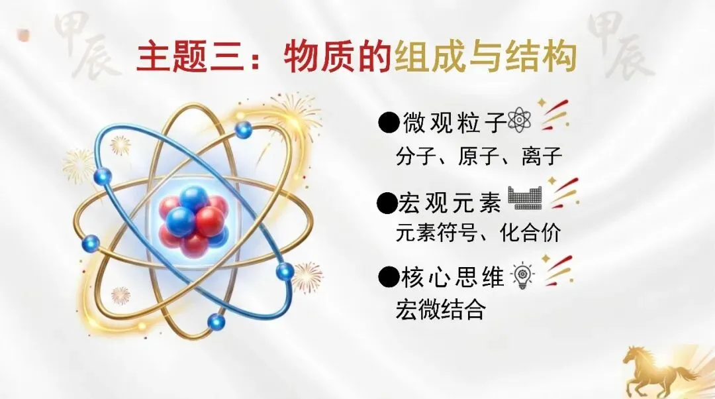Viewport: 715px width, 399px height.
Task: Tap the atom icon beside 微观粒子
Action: click(x=519, y=122)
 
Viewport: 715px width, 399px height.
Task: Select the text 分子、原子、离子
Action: click(x=479, y=156)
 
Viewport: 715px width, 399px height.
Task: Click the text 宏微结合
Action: click(x=440, y=310)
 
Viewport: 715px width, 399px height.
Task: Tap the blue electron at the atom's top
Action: click(x=244, y=129)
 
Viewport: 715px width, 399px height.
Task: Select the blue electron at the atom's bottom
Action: click(x=216, y=322)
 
